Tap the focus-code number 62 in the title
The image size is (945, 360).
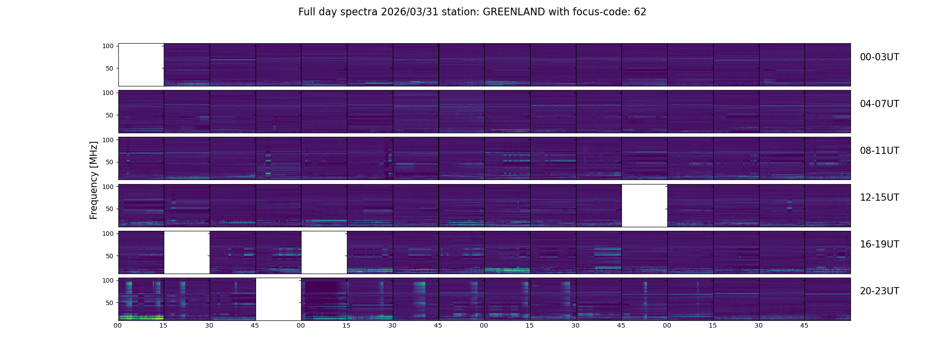coord(640,12)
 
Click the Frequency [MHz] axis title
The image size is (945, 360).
coord(94,180)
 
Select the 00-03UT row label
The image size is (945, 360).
coord(879,57)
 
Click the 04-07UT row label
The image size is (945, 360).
coord(879,104)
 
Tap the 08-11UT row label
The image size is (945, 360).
coord(879,151)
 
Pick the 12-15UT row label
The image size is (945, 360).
coord(879,198)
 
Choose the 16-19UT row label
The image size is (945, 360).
coord(879,244)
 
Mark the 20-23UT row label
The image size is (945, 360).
coord(879,291)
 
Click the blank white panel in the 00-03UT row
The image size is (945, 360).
coord(141,65)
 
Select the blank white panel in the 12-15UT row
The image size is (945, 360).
coord(644,206)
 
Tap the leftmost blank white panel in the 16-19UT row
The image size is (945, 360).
coord(187,252)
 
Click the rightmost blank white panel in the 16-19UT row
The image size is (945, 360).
coord(324,252)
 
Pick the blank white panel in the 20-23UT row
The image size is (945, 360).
coord(278,299)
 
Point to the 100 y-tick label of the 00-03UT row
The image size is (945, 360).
coord(108,46)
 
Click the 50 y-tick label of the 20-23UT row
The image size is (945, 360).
coord(109,303)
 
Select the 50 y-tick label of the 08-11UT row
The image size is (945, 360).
coord(109,162)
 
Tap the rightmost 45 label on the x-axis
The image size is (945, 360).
coord(804,325)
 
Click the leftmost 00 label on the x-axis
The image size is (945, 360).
coord(118,325)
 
